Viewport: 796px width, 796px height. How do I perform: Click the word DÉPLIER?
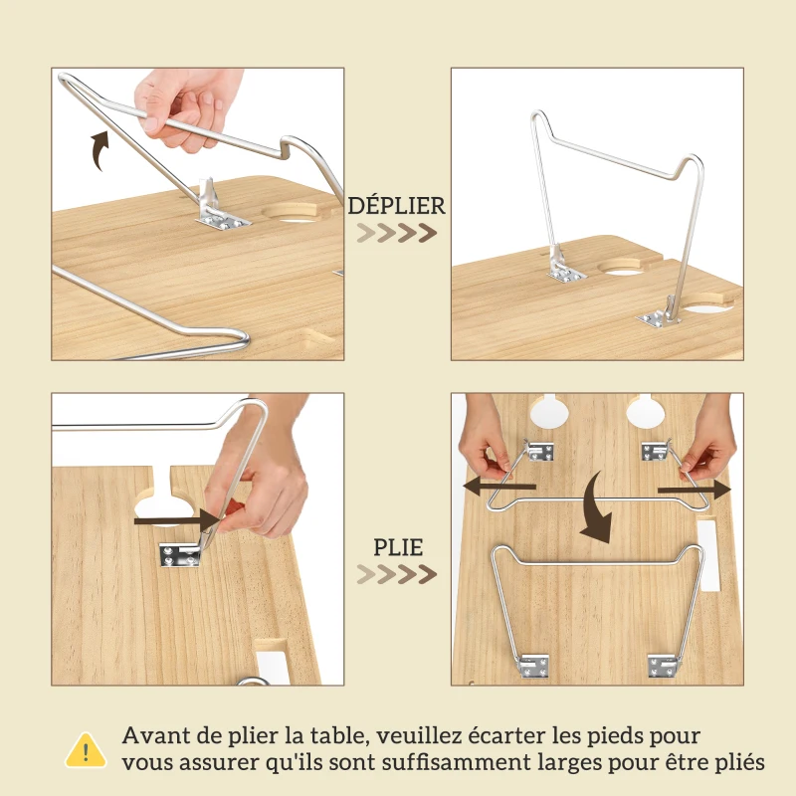click(397, 206)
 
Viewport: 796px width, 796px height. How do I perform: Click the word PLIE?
click(398, 547)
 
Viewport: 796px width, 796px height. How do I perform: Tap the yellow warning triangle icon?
click(86, 749)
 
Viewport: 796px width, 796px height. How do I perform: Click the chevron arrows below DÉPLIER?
click(397, 233)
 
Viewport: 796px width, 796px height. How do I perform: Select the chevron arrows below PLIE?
click(397, 574)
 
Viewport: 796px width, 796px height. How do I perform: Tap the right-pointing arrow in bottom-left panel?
click(179, 519)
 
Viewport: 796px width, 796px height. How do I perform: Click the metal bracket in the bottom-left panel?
click(179, 555)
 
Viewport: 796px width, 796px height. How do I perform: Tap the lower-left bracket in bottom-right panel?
click(535, 664)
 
